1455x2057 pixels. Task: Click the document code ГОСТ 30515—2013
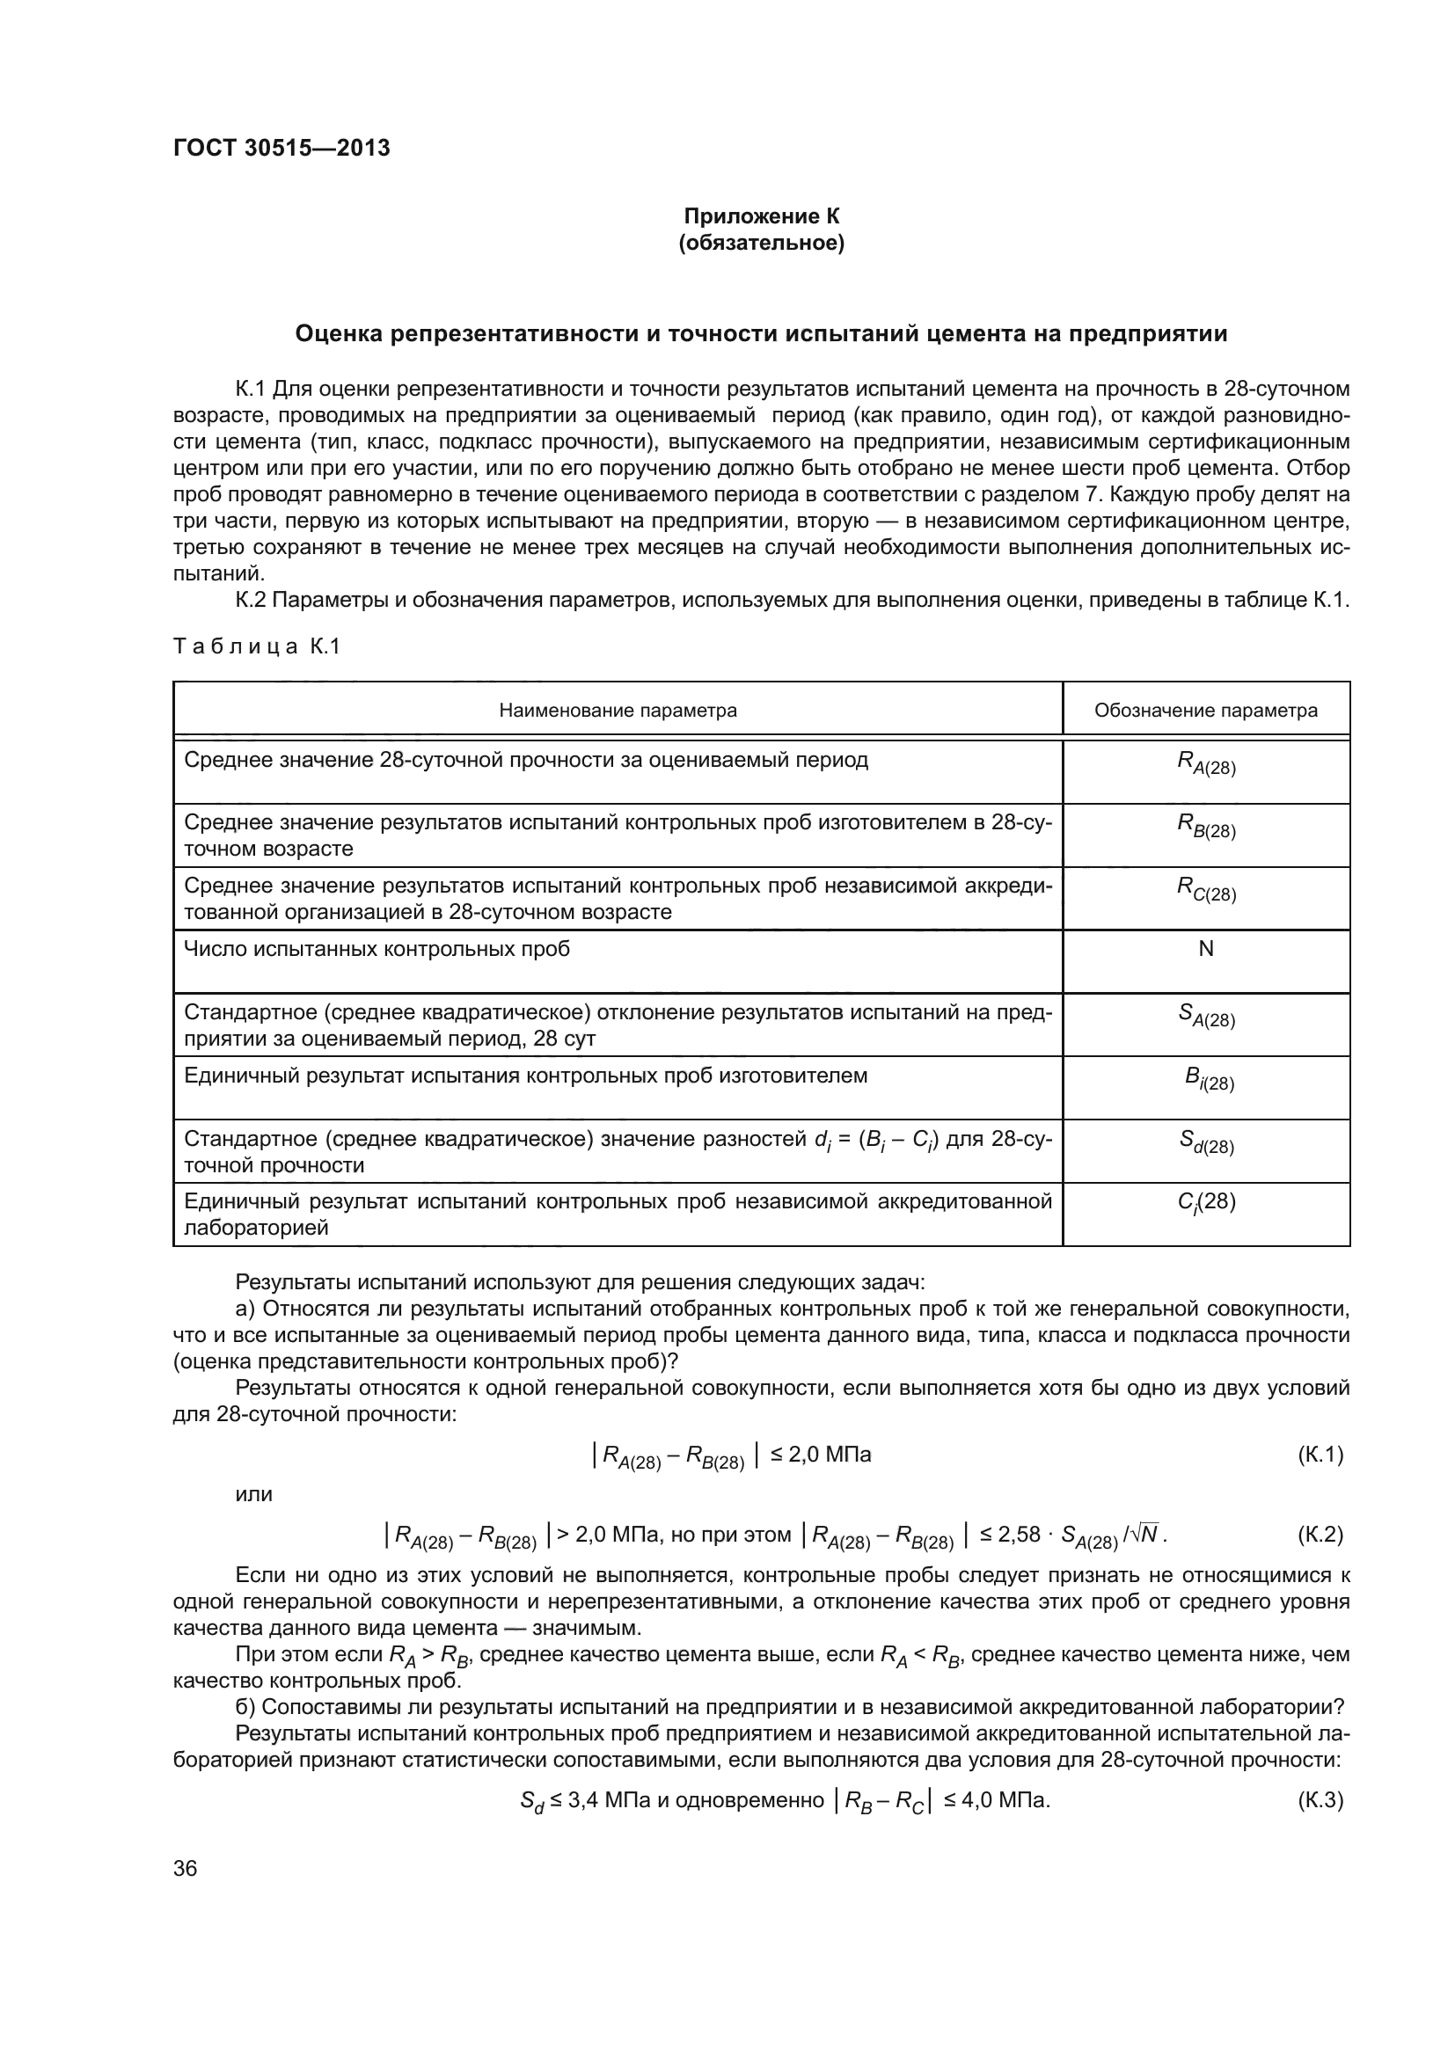[x=281, y=148]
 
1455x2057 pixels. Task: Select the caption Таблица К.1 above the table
[x=256, y=646]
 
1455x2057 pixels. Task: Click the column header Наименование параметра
[x=618, y=711]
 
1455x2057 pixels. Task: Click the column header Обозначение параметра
[x=1205, y=711]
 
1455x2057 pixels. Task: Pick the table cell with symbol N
[x=1205, y=949]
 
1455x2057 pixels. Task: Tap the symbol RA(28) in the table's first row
[x=1205, y=763]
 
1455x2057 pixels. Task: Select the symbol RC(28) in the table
[x=1205, y=890]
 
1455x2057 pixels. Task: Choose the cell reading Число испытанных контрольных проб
[x=377, y=949]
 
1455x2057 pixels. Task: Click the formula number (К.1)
[x=1320, y=1455]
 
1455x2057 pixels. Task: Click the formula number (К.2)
[x=1320, y=1535]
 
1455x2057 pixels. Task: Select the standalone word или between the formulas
[x=253, y=1494]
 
